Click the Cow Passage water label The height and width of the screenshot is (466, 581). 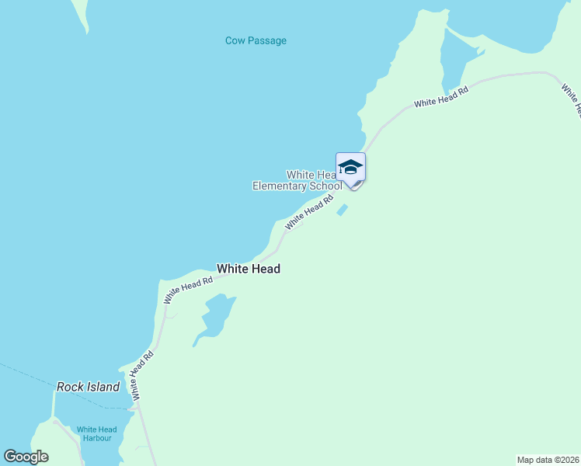point(256,40)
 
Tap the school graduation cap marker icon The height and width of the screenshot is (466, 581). point(350,167)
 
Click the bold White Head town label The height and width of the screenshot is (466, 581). point(249,269)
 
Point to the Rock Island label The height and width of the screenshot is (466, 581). point(89,387)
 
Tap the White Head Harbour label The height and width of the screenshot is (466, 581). point(96,433)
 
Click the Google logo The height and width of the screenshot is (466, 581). point(26,457)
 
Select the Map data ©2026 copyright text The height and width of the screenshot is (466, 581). point(548,459)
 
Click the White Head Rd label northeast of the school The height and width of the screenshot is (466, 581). point(441,98)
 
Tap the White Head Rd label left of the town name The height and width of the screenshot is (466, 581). point(188,289)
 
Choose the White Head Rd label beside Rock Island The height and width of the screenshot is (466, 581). point(143,375)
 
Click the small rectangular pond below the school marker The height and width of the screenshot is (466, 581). point(342,210)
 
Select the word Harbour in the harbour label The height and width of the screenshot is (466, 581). point(96,439)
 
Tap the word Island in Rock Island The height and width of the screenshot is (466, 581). point(103,387)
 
